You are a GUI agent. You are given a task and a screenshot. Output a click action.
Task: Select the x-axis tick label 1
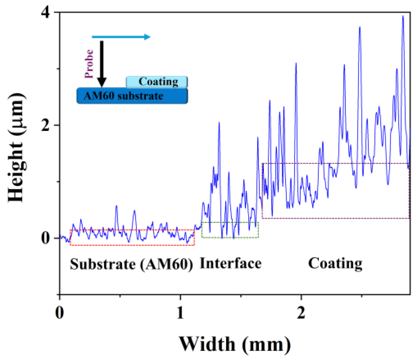[x=180, y=313]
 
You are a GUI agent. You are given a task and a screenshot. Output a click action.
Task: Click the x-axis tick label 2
[x=301, y=313]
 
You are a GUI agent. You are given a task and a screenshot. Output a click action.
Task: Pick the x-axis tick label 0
[x=59, y=313]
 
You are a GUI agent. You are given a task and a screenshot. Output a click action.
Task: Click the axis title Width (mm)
[x=235, y=344]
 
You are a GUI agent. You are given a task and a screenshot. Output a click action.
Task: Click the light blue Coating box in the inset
[x=157, y=82]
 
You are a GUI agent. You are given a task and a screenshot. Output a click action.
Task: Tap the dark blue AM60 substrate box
[x=132, y=96]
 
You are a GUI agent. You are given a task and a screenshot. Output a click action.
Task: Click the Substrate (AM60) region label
[x=131, y=264]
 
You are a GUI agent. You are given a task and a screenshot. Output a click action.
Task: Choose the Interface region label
[x=231, y=264]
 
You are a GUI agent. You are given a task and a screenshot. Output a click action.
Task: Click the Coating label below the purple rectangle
[x=335, y=264]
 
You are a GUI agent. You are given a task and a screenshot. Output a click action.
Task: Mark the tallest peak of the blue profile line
[x=403, y=16]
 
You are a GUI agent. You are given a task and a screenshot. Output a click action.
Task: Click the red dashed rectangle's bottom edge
[x=132, y=245]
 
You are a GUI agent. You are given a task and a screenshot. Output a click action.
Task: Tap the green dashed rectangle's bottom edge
[x=230, y=238]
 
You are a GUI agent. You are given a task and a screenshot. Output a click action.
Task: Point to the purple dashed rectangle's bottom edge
[x=336, y=218]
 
